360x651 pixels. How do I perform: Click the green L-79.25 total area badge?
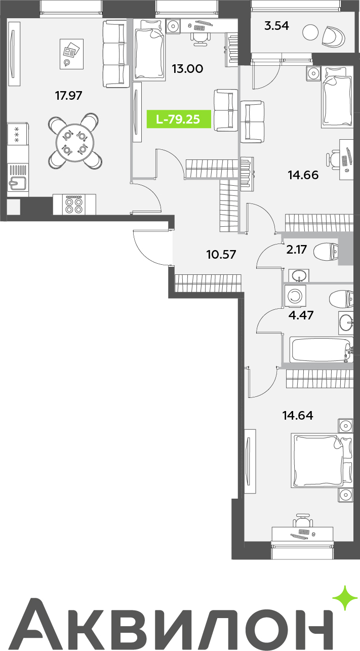(x=179, y=119)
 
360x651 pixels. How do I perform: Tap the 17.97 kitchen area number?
(x=69, y=95)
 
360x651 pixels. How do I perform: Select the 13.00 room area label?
(x=187, y=69)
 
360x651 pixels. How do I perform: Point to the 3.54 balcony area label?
(x=276, y=26)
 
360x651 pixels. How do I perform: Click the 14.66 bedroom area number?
(x=303, y=175)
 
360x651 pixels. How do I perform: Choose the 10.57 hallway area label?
(x=221, y=254)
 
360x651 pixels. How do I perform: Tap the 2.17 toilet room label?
(x=296, y=250)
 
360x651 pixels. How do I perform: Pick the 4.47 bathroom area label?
(x=301, y=315)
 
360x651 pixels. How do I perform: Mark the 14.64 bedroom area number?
(x=298, y=415)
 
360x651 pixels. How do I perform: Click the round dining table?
(x=75, y=141)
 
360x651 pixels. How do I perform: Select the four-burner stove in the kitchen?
(x=74, y=205)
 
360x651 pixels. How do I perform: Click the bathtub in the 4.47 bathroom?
(x=321, y=349)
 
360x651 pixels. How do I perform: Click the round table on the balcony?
(x=310, y=33)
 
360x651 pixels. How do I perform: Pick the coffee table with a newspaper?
(x=71, y=54)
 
